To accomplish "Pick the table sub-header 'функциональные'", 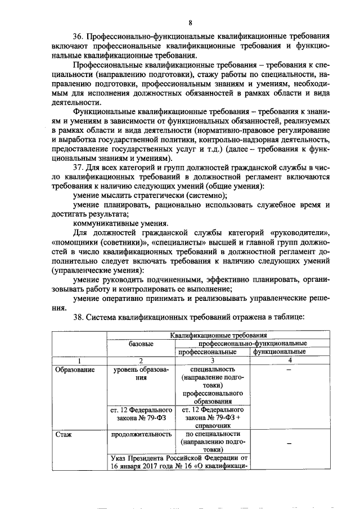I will (x=280, y=352).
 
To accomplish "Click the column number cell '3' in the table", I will (x=212, y=361).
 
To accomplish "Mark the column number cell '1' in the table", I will (x=79, y=361).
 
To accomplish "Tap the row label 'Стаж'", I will (x=64, y=435).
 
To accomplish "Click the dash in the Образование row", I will (x=288, y=371).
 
